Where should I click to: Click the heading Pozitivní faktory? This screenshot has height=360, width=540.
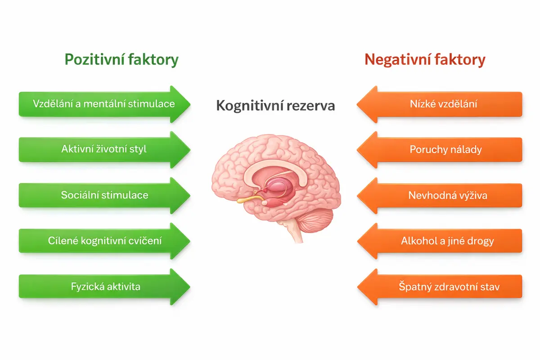(121, 59)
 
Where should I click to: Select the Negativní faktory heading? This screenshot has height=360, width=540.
(425, 59)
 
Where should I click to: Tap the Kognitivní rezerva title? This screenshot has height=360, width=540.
(275, 106)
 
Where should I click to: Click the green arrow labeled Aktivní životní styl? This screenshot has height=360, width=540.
(104, 149)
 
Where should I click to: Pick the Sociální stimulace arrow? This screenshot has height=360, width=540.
(104, 195)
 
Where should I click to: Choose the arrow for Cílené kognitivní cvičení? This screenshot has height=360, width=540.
(104, 241)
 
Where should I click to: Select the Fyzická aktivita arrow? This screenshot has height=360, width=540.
(104, 287)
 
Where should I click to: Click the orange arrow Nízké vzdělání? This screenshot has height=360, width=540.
(440, 104)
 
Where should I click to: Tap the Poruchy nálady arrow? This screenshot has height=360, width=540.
(440, 150)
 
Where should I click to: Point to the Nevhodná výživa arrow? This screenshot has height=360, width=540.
(440, 196)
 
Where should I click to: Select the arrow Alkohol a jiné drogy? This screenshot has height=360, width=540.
(440, 241)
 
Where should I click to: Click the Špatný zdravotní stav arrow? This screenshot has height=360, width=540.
(440, 287)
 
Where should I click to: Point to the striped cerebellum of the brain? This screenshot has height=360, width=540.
(315, 220)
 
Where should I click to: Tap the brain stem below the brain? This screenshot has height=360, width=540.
(295, 231)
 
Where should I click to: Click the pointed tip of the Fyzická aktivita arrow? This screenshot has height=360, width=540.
(190, 287)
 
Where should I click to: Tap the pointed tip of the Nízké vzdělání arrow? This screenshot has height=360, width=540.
(357, 104)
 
